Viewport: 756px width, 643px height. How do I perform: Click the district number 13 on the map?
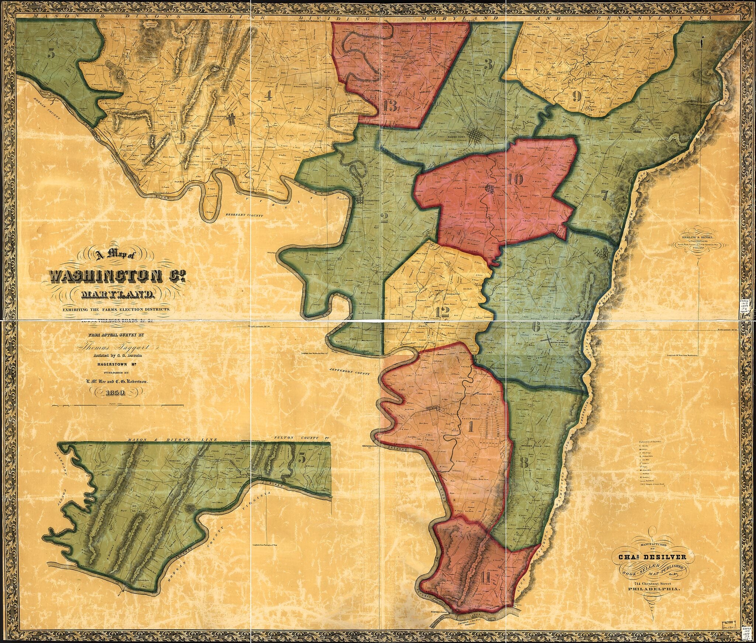(390, 107)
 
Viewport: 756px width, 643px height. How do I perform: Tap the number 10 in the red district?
(515, 180)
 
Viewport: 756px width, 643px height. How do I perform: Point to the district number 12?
(442, 312)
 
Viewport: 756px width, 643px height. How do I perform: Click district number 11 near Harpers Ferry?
(484, 587)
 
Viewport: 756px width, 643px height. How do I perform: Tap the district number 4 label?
(268, 96)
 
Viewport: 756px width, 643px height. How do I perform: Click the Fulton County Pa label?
(301, 438)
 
